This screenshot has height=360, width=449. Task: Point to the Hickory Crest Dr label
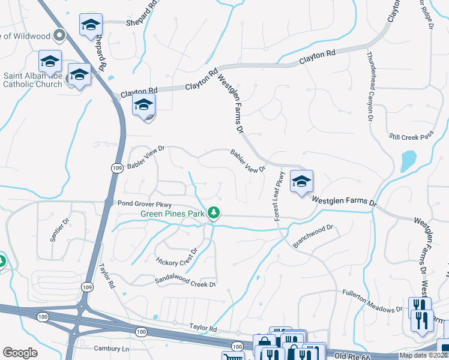(176, 256)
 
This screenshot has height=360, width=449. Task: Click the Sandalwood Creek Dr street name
(185, 281)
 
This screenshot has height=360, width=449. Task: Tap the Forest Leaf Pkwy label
(279, 196)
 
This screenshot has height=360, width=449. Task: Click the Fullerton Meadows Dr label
(372, 301)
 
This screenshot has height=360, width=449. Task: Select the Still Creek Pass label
(411, 137)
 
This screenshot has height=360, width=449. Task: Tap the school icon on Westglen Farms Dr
(301, 181)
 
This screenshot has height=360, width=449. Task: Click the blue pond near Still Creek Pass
(408, 160)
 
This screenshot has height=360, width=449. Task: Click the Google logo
(20, 353)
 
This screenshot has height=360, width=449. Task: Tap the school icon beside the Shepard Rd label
(91, 24)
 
